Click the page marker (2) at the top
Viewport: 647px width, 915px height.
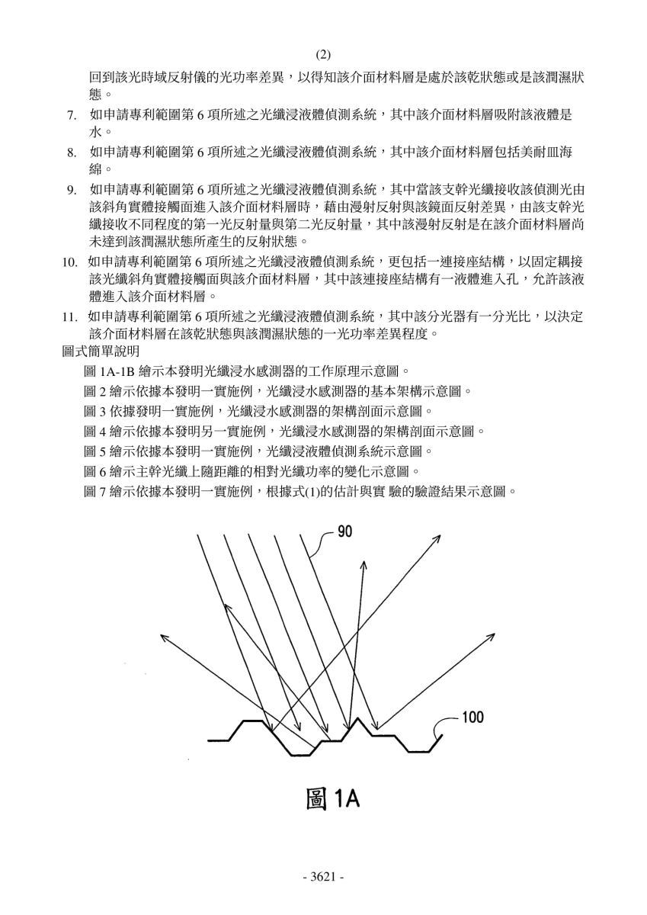[323, 54]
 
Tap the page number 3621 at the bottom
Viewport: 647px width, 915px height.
[323, 876]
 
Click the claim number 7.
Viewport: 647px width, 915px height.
[72, 116]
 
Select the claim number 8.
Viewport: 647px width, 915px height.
[72, 153]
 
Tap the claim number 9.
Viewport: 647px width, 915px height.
[72, 191]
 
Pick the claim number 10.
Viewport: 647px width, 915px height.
[70, 262]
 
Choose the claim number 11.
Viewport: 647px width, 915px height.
[70, 317]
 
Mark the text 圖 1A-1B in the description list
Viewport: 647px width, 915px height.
[110, 371]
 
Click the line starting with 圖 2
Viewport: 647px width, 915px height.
[277, 391]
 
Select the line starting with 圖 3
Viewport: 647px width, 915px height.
[258, 410]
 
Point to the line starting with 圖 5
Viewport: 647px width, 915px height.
[258, 451]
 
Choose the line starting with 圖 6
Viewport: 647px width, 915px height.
[251, 471]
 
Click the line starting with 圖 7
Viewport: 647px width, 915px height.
[300, 491]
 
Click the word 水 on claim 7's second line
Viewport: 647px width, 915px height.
[95, 132]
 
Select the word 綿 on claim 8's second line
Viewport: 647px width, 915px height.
[95, 169]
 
